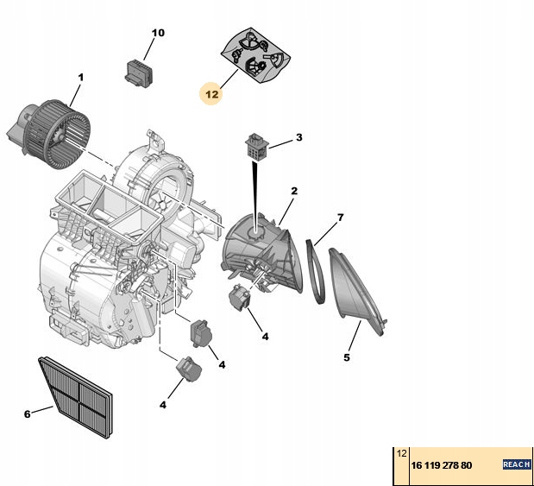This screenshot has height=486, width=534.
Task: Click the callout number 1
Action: [80, 78]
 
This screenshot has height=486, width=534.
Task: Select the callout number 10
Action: [157, 33]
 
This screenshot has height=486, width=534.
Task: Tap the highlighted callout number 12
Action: [212, 92]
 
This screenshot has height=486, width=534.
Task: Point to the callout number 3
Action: [298, 137]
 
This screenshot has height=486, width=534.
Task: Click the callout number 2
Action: [293, 191]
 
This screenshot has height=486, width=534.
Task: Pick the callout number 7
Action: [340, 217]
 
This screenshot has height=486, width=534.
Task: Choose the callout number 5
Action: [347, 357]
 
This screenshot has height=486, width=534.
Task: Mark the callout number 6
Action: [27, 413]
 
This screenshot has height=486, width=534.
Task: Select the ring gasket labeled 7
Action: [317, 271]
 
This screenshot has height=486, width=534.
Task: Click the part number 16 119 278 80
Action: [441, 465]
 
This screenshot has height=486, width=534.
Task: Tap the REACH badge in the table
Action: [516, 465]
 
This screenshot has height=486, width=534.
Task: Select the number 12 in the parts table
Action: [401, 452]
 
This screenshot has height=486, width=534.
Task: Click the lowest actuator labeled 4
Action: [188, 369]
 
